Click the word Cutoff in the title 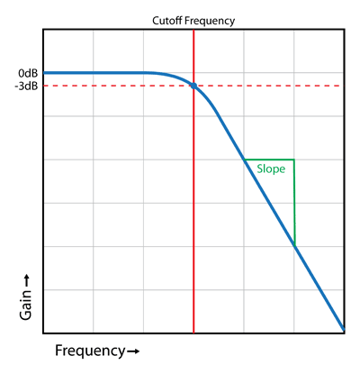[166, 21]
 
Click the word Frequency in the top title [210, 22]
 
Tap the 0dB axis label [28, 73]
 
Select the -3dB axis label [26, 87]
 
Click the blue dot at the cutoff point [193, 86]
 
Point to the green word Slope [271, 169]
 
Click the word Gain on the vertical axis [25, 305]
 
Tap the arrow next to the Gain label [26, 280]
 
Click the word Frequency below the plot [90, 351]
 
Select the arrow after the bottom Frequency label [133, 351]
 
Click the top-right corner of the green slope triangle [294, 160]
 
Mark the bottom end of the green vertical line [295, 246]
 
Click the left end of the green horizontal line [245, 160]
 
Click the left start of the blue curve [44, 73]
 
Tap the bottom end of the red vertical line [193, 333]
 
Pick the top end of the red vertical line [193, 30]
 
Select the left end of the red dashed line [45, 86]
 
